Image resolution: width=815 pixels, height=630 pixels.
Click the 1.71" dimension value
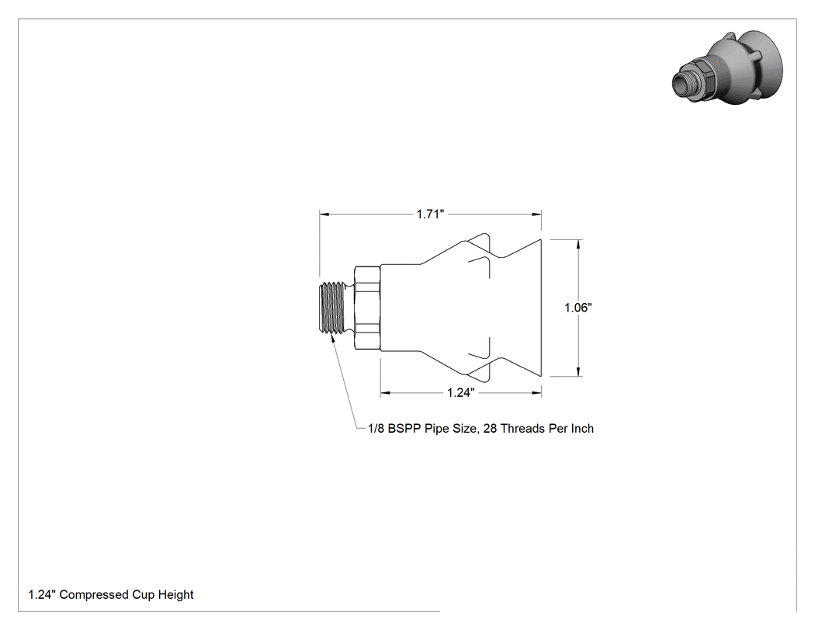pos(430,214)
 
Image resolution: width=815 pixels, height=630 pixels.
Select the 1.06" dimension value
pos(578,308)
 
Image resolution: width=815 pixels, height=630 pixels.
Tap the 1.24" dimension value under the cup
pos(461,392)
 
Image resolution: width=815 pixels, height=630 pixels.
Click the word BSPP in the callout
pos(404,429)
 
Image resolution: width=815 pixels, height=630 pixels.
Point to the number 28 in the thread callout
pos(490,429)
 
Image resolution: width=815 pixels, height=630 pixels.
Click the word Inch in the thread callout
pos(582,429)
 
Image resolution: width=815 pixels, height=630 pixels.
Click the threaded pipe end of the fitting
pos(333,308)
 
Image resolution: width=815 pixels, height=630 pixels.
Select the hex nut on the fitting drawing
pos(367,308)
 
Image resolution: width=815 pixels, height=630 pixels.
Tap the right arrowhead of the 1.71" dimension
pos(536,214)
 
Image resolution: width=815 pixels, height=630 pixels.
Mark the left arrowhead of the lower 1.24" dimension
pos(385,393)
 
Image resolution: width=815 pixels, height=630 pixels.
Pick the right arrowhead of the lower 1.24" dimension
pos(536,393)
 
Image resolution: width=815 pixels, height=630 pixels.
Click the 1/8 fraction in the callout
pos(376,429)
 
